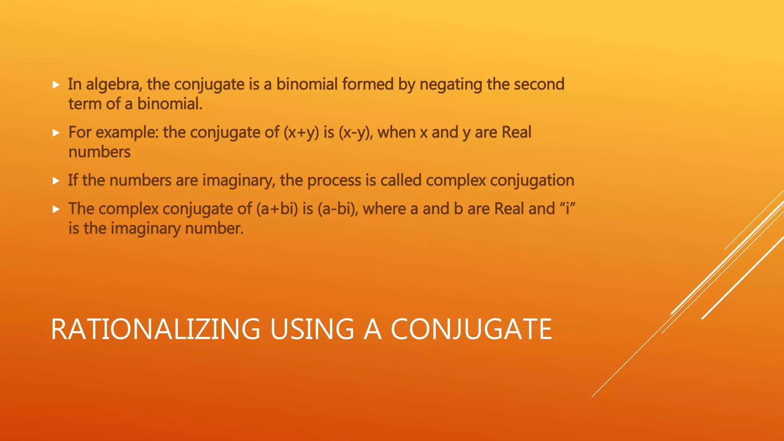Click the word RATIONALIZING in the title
tap(155, 329)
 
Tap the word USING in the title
tap(312, 329)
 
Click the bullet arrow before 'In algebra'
tap(56, 85)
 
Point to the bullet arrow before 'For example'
tap(56, 133)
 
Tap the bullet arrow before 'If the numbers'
tap(56, 181)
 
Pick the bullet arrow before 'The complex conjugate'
tap(56, 209)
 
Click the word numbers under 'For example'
tap(100, 152)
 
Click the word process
tap(334, 181)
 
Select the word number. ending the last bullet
tap(214, 229)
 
